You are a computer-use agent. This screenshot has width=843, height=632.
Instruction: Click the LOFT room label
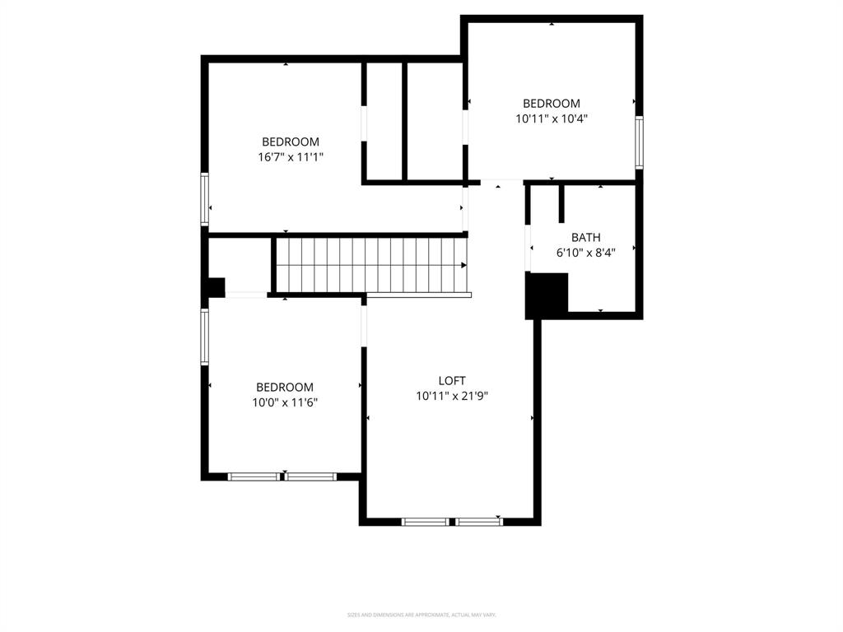point(452,380)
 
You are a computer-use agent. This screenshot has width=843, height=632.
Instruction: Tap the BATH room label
point(585,238)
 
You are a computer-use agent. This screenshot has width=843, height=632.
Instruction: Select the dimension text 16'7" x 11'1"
point(291,156)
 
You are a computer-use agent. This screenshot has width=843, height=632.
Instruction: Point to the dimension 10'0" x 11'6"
point(285,402)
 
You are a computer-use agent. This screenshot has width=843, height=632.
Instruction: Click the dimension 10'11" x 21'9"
point(452,396)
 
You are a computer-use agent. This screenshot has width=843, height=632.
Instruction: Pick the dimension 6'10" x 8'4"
point(585,253)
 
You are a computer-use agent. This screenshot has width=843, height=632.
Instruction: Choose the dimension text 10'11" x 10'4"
point(552,118)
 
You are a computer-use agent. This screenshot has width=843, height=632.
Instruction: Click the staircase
point(370,264)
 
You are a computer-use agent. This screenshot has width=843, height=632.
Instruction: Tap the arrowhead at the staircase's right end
point(464,265)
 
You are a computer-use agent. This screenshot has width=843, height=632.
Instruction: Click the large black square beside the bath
point(547,295)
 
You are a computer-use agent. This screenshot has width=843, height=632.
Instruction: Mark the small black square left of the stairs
point(215,287)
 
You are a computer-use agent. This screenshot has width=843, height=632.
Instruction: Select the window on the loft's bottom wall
point(452,521)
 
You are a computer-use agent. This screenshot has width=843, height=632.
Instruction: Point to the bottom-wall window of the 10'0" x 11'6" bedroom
point(282,476)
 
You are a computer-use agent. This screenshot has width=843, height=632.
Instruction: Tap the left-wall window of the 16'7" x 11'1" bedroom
point(205,198)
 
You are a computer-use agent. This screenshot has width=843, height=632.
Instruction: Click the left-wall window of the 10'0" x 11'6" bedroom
point(205,336)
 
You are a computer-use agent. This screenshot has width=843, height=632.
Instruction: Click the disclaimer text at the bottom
point(421,615)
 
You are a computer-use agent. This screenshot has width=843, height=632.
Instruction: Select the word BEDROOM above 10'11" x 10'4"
point(552,104)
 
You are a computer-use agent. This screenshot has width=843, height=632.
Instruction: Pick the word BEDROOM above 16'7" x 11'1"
point(291,142)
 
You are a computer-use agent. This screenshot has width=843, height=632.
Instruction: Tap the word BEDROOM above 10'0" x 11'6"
point(285,387)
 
